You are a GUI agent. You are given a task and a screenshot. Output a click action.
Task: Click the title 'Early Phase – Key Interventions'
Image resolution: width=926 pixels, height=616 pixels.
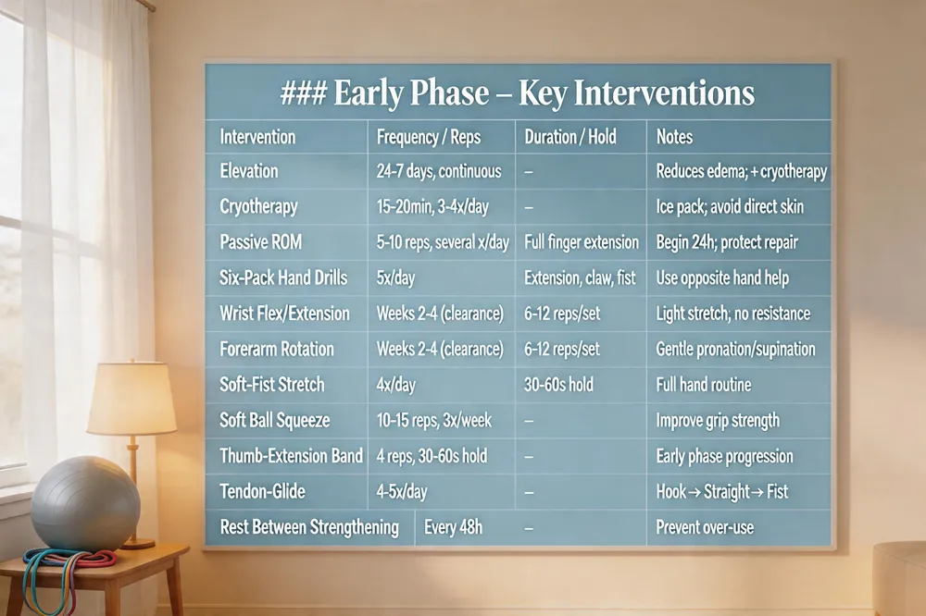pyautogui.click(x=544, y=93)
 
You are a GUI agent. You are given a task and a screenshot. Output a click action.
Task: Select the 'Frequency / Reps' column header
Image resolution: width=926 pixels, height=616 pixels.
pyautogui.click(x=429, y=138)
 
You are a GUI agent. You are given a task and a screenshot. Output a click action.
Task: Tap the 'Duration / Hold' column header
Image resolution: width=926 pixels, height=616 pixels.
pyautogui.click(x=570, y=137)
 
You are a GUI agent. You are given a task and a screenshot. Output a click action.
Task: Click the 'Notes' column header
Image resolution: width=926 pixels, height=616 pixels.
pyautogui.click(x=674, y=137)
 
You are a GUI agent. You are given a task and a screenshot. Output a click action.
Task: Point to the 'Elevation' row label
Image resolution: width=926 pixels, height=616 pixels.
pyautogui.click(x=248, y=171)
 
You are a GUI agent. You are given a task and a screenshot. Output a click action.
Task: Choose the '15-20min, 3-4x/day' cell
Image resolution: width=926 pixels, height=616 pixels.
pyautogui.click(x=432, y=207)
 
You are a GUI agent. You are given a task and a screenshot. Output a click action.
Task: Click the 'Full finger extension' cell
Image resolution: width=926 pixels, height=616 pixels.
pyautogui.click(x=582, y=242)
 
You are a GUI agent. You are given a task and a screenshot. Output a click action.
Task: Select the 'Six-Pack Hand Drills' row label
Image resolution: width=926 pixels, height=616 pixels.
pyautogui.click(x=283, y=277)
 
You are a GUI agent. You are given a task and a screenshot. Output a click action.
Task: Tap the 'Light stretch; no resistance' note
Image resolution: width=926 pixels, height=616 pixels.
pyautogui.click(x=733, y=314)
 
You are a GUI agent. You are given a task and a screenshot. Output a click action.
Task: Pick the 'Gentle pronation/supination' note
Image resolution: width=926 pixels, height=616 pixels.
pyautogui.click(x=736, y=350)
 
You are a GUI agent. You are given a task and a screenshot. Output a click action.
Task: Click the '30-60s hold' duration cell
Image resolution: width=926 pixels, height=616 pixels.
pyautogui.click(x=558, y=385)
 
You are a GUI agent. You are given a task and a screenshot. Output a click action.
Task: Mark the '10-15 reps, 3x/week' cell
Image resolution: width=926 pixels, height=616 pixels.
pyautogui.click(x=434, y=420)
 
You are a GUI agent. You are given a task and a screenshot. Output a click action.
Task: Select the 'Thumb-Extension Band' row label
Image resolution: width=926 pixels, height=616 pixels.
pyautogui.click(x=291, y=455)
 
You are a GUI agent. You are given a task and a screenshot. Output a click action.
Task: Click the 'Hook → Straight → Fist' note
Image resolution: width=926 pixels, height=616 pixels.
pyautogui.click(x=722, y=491)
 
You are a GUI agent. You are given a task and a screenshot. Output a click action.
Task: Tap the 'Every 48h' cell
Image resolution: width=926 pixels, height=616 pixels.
pyautogui.click(x=454, y=527)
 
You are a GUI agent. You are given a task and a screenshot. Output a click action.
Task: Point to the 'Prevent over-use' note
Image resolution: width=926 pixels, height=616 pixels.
pyautogui.click(x=705, y=527)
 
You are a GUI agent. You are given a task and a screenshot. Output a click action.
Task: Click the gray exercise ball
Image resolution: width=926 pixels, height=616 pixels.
pyautogui.click(x=85, y=504)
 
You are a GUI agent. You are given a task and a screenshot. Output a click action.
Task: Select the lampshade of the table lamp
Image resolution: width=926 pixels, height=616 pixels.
pyautogui.click(x=131, y=400)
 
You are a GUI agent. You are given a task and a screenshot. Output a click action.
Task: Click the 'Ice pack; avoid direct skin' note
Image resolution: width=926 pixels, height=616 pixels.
pyautogui.click(x=730, y=207)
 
